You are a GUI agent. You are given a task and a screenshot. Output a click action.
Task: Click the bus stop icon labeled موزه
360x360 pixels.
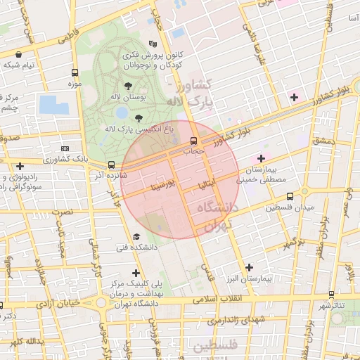[x=75, y=72]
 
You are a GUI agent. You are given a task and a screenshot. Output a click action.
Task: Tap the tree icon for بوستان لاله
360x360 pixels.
[x=127, y=85]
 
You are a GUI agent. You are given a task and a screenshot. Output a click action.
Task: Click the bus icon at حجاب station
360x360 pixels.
[x=193, y=140]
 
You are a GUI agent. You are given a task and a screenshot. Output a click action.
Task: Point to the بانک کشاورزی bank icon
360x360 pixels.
[x=65, y=149]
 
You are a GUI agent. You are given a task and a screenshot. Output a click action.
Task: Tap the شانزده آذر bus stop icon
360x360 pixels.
[x=111, y=165]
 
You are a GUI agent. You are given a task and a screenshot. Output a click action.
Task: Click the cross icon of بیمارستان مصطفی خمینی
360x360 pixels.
[x=262, y=158]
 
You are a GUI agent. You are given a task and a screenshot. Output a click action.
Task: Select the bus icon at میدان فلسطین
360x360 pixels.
[x=271, y=207]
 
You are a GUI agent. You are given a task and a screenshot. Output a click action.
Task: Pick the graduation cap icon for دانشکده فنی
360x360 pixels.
[x=136, y=238]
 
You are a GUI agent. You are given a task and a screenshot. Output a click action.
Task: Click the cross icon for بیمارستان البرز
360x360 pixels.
[x=250, y=267]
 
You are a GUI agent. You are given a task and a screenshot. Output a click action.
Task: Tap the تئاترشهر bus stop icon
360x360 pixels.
[x=332, y=295]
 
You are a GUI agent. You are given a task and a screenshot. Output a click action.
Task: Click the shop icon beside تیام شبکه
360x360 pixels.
[x=18, y=54]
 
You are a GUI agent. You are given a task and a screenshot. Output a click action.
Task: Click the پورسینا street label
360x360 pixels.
[x=157, y=186]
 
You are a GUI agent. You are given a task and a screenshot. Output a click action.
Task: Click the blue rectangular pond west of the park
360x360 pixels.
[x=53, y=105]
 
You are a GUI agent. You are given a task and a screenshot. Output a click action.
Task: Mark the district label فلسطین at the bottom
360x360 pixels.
[x=217, y=346]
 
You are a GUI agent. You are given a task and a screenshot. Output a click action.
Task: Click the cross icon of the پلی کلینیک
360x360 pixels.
[x=136, y=273]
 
